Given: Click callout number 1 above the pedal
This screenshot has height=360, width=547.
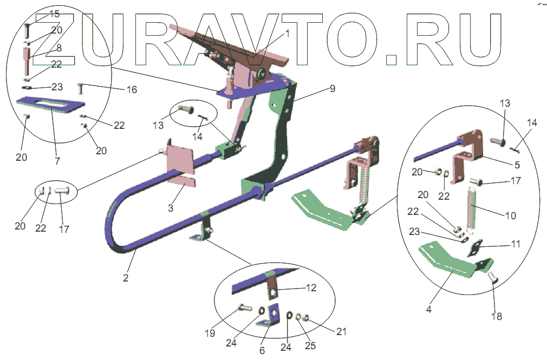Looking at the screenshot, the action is [x=287, y=33].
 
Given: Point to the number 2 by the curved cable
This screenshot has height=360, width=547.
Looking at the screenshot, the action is [x=126, y=278].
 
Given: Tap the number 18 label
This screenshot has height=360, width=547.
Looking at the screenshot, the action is [x=497, y=316].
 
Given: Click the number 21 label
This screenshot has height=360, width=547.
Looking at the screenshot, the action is [x=341, y=331].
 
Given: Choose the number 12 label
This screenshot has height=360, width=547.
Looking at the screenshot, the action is [x=310, y=288].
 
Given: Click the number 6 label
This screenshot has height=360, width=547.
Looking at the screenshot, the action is [x=262, y=350].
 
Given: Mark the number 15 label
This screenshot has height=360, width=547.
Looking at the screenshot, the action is [x=55, y=13].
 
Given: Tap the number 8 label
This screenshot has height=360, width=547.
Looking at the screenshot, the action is [x=58, y=48].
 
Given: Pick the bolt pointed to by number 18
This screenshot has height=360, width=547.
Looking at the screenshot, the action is [x=493, y=278].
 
